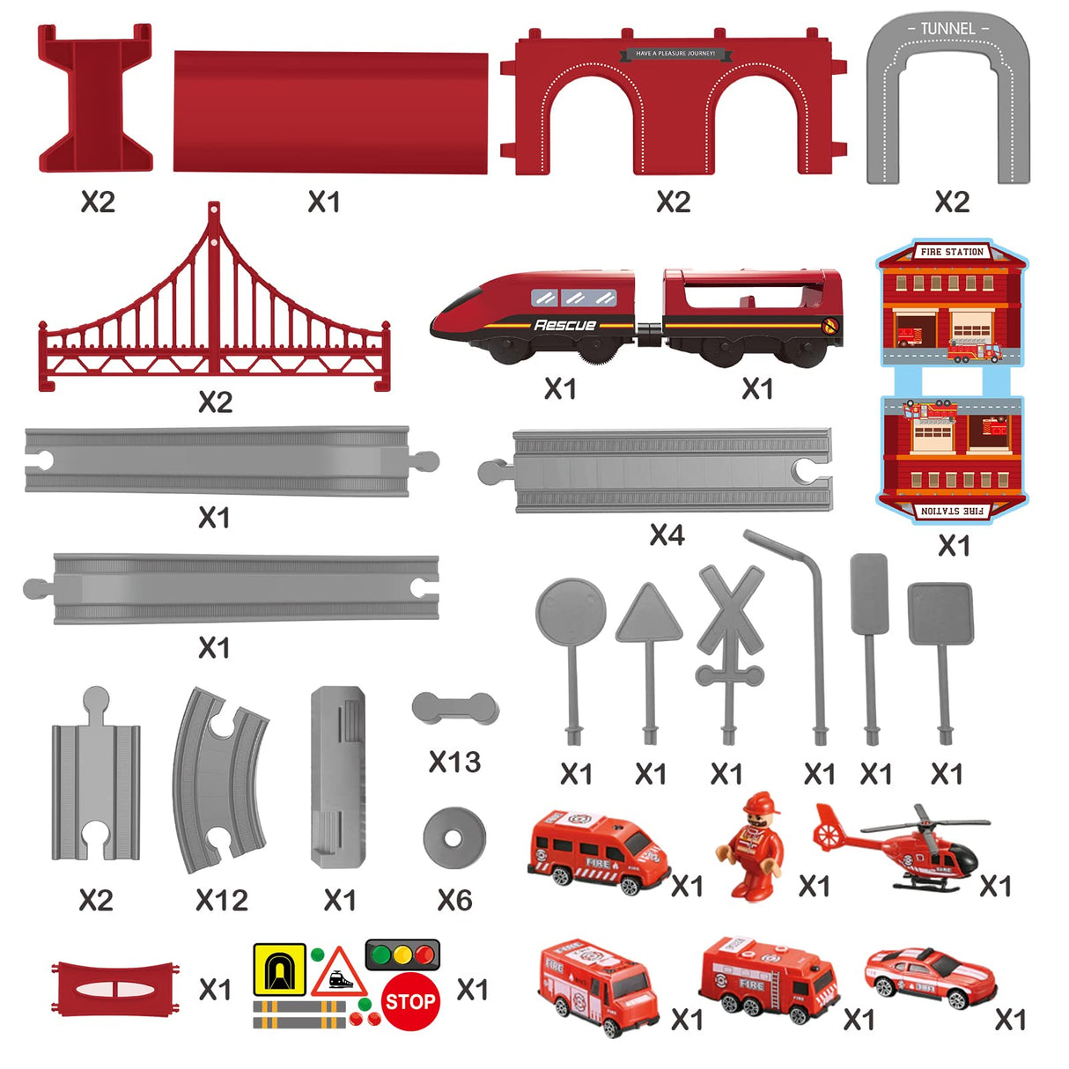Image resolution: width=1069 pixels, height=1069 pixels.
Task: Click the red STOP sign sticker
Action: coord(411,1001)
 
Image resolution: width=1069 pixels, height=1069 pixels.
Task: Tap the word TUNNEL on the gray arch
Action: coord(947,29)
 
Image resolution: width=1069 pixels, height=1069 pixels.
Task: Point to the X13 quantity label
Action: coord(454,762)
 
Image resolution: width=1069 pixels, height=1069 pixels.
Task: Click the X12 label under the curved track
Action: coord(222,900)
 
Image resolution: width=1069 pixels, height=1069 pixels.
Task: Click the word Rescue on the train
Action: coord(564,325)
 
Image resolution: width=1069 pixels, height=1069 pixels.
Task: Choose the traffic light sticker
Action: coord(402,954)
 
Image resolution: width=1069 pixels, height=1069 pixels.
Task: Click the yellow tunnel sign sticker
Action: coord(279,969)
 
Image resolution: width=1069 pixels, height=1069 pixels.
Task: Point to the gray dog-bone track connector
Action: coord(455,708)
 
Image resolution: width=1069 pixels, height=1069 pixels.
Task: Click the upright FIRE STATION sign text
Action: coord(952,252)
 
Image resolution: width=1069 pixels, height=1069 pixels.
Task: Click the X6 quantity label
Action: coord(454,900)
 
